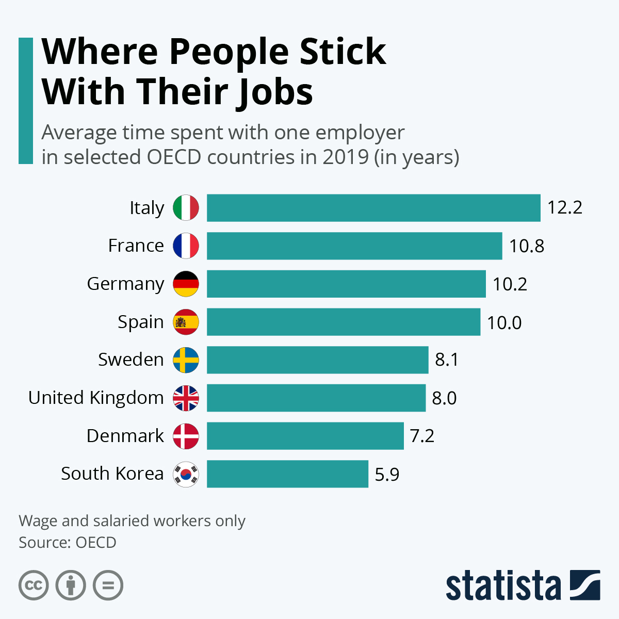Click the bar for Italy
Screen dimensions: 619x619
373,208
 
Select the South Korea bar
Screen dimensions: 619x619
287,474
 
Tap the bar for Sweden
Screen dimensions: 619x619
317,360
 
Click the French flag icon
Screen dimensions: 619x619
186,246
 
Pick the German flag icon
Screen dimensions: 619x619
186,284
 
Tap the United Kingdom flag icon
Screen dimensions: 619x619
186,398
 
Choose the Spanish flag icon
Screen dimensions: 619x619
186,322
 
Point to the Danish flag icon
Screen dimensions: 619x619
186,436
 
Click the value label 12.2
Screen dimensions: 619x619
564,207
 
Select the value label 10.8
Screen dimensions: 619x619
527,246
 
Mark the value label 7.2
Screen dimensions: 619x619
422,436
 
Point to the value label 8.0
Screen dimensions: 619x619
444,398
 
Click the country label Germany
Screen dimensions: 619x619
125,284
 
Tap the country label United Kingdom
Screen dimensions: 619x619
96,398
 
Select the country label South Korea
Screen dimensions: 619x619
112,474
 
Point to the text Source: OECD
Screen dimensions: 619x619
68,543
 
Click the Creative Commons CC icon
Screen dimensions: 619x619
34,585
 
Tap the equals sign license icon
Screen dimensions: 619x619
108,585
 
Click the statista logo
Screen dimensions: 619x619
523,585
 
